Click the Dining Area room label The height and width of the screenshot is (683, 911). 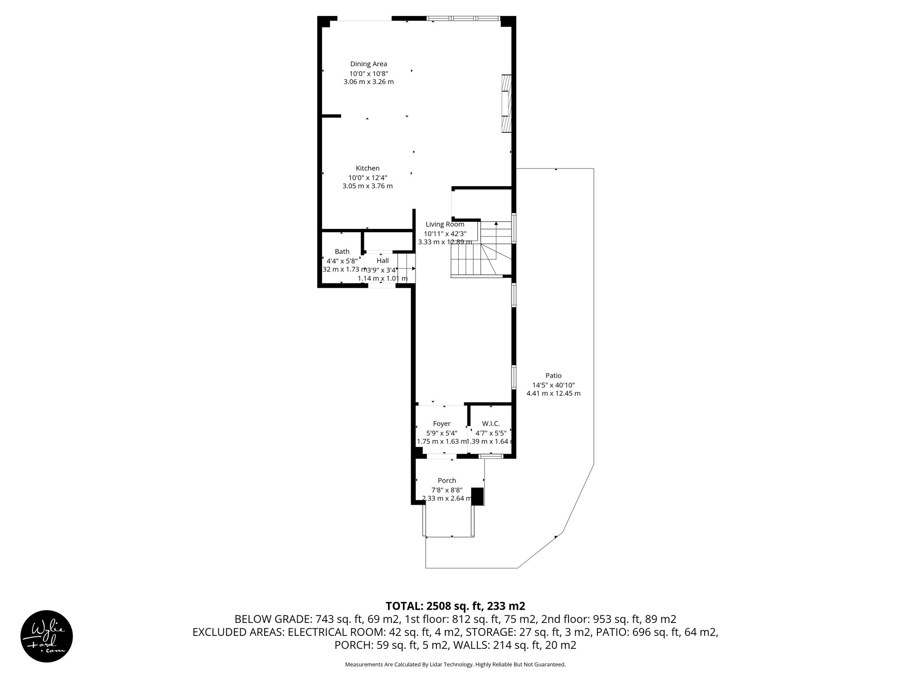pyautogui.click(x=368, y=64)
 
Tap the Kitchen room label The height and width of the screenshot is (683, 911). pyautogui.click(x=367, y=168)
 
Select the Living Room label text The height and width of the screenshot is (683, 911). pyautogui.click(x=444, y=225)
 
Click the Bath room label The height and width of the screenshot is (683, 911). pyautogui.click(x=342, y=252)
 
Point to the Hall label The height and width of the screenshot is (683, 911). pyautogui.click(x=382, y=261)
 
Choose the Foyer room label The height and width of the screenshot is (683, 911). pyautogui.click(x=442, y=424)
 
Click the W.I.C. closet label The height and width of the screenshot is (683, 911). pyautogui.click(x=491, y=424)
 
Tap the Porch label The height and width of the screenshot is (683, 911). pyautogui.click(x=447, y=480)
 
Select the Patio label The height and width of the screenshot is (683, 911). pyautogui.click(x=553, y=376)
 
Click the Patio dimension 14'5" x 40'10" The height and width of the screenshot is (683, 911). pyautogui.click(x=553, y=385)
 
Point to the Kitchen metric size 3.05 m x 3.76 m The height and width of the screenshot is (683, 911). pyautogui.click(x=367, y=186)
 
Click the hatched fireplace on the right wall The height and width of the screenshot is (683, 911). pyautogui.click(x=506, y=104)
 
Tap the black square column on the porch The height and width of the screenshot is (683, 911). pyautogui.click(x=477, y=496)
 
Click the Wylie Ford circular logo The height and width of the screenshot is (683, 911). pyautogui.click(x=47, y=636)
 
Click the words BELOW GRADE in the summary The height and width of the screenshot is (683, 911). pyautogui.click(x=273, y=619)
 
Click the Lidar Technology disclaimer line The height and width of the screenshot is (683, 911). pyautogui.click(x=455, y=664)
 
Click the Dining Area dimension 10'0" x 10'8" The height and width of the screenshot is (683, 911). pyautogui.click(x=368, y=73)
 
